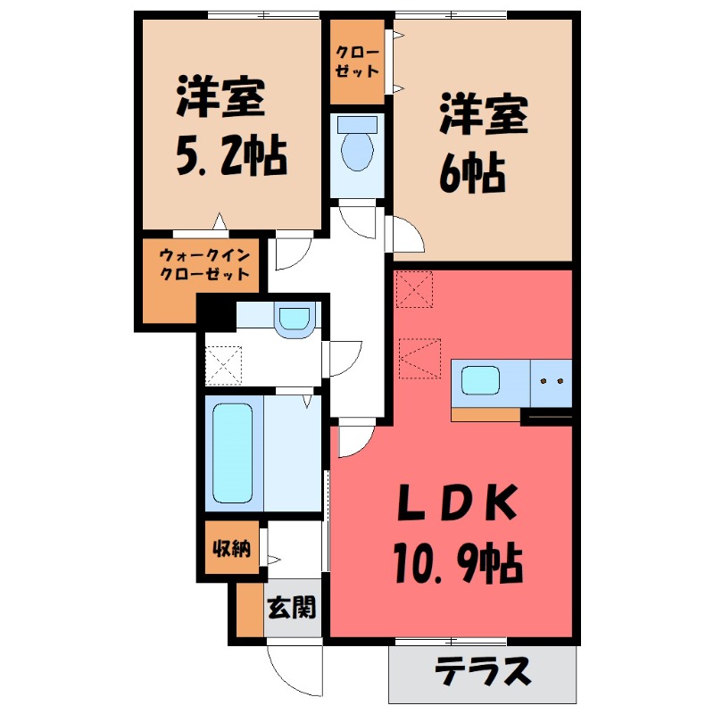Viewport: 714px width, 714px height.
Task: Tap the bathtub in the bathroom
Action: click(234, 452)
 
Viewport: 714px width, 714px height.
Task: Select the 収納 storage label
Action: click(228, 547)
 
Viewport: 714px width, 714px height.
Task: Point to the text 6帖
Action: click(471, 170)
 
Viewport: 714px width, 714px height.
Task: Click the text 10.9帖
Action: click(455, 562)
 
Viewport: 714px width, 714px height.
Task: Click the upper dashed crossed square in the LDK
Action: click(413, 287)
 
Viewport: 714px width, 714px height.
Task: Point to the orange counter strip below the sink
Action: click(486, 413)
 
